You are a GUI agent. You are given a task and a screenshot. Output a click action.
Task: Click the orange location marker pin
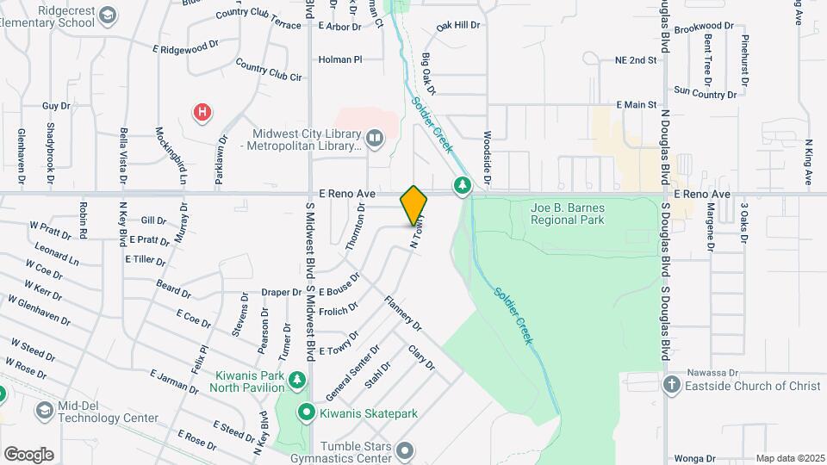tap(413, 205)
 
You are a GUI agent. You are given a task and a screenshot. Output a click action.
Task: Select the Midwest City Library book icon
tap(375, 137)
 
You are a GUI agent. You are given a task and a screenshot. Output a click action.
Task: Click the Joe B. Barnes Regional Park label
tap(568, 214)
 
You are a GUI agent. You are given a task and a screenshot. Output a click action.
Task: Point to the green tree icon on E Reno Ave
tap(463, 185)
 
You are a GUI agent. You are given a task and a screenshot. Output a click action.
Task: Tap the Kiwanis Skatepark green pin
tap(305, 413)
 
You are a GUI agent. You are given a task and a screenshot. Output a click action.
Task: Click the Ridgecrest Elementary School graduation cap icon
tap(107, 15)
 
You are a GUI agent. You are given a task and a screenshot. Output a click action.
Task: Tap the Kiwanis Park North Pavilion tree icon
tap(297, 380)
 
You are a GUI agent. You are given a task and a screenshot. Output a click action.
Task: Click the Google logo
tap(28, 454)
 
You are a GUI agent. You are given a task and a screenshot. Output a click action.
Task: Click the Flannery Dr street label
tap(404, 315)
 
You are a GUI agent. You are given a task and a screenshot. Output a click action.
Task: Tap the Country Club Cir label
tap(270, 71)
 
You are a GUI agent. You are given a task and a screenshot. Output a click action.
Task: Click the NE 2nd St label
tap(636, 60)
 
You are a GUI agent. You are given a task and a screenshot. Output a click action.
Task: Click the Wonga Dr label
tap(696, 458)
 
